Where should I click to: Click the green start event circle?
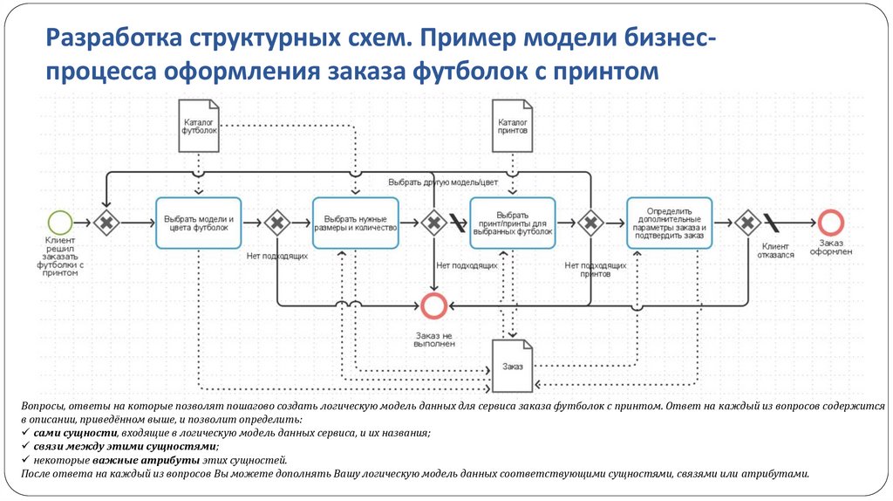(59, 223)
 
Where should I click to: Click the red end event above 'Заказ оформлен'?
(830, 223)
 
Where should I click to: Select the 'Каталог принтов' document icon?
(513, 125)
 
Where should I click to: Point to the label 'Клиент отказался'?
(780, 252)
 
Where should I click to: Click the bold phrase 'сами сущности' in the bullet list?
(68, 433)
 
